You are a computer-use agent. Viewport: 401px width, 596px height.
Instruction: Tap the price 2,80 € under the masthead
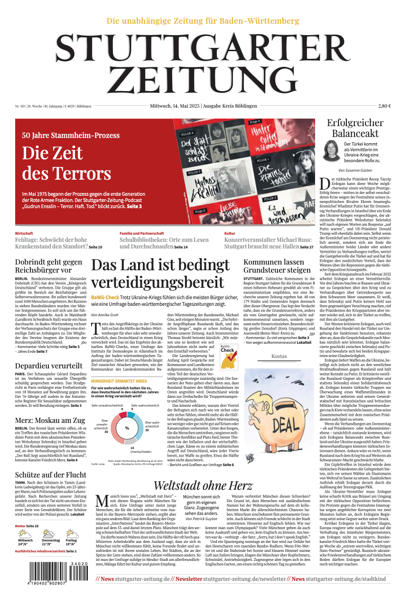[x=384, y=106]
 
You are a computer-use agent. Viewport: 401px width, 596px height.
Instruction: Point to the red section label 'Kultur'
[x=230, y=233]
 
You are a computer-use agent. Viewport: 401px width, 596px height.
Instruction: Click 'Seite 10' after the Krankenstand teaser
[x=95, y=247]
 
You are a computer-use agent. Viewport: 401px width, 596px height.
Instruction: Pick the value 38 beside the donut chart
[x=106, y=432]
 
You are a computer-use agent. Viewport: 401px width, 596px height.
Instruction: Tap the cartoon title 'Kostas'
[x=279, y=356]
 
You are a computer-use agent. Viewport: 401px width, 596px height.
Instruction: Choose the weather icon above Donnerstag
[x=48, y=533]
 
